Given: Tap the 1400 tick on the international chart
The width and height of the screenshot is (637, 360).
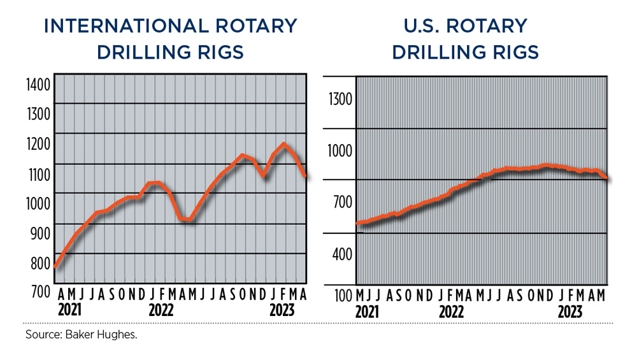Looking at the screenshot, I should (x=37, y=84).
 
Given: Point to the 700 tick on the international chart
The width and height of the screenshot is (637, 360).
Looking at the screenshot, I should (x=37, y=292).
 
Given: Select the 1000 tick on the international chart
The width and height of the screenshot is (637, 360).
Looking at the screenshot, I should (x=37, y=203).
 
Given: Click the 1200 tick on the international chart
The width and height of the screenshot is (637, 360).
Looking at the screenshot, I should (x=37, y=144).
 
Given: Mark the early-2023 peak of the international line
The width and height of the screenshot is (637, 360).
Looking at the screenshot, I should (x=284, y=144).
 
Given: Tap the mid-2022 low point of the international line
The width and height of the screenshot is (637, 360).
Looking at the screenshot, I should (x=189, y=220).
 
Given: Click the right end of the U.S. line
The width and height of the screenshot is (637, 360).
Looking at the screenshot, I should (x=606, y=179).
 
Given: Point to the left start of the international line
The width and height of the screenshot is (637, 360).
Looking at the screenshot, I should (x=55, y=267).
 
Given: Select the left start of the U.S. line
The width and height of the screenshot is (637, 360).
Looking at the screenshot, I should (x=357, y=223).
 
